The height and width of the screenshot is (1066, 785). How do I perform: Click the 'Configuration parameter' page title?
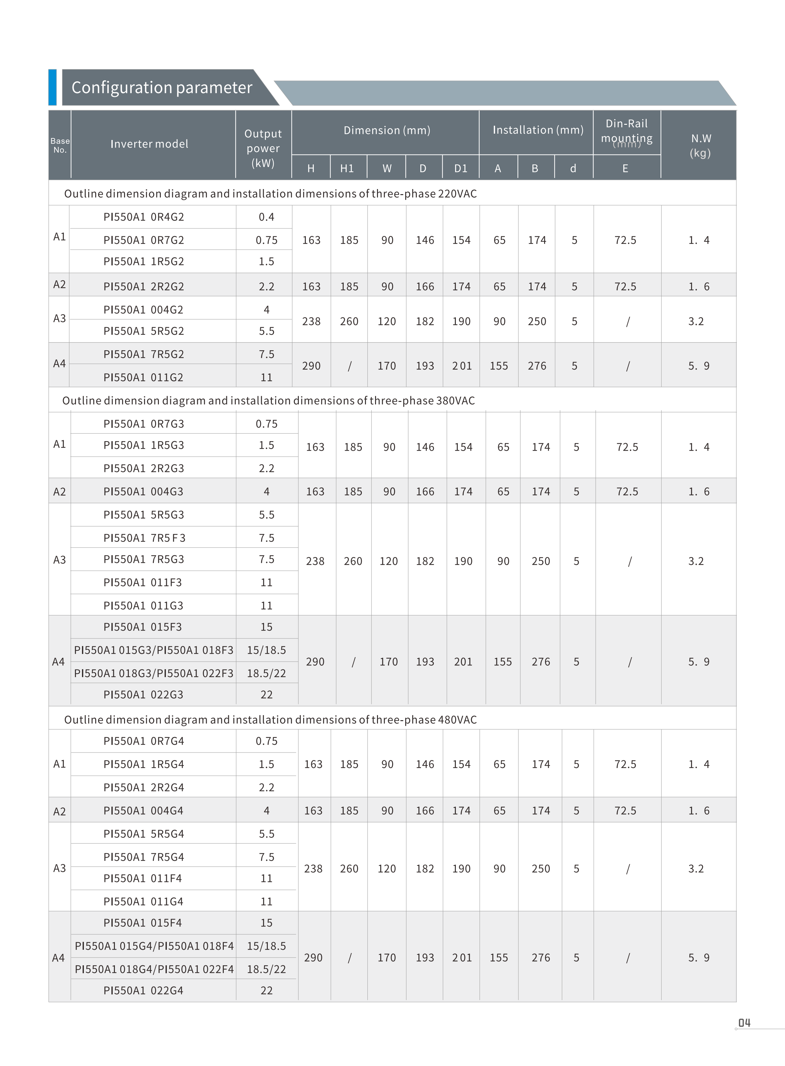tap(161, 87)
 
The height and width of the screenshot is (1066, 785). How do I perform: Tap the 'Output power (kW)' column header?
tap(263, 148)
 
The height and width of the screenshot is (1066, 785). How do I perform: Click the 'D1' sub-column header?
tap(461, 168)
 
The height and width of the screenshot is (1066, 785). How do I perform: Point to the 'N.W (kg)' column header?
tap(700, 145)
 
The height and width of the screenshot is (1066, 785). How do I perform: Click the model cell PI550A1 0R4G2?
tap(143, 217)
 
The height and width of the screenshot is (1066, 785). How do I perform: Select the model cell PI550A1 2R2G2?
tap(143, 286)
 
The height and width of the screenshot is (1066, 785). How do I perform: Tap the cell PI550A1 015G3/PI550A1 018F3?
tap(154, 650)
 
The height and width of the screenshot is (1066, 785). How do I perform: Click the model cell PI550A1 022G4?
tap(143, 990)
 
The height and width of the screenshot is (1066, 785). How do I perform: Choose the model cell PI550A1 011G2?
tap(143, 377)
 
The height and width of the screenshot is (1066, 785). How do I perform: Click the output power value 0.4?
tap(266, 217)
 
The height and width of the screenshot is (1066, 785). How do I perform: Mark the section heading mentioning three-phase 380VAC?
tap(268, 400)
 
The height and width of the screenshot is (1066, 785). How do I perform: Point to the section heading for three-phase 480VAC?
tap(270, 720)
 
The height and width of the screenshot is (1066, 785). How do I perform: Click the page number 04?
tap(744, 1023)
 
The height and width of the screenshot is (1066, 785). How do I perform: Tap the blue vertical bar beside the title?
tap(52, 87)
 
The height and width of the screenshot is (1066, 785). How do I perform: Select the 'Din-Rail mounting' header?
tap(626, 131)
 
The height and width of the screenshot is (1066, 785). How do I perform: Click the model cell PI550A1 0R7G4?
tap(143, 741)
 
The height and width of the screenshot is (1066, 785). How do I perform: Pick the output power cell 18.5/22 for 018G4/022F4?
tap(266, 969)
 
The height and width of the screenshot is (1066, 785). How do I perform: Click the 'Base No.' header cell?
tap(60, 145)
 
